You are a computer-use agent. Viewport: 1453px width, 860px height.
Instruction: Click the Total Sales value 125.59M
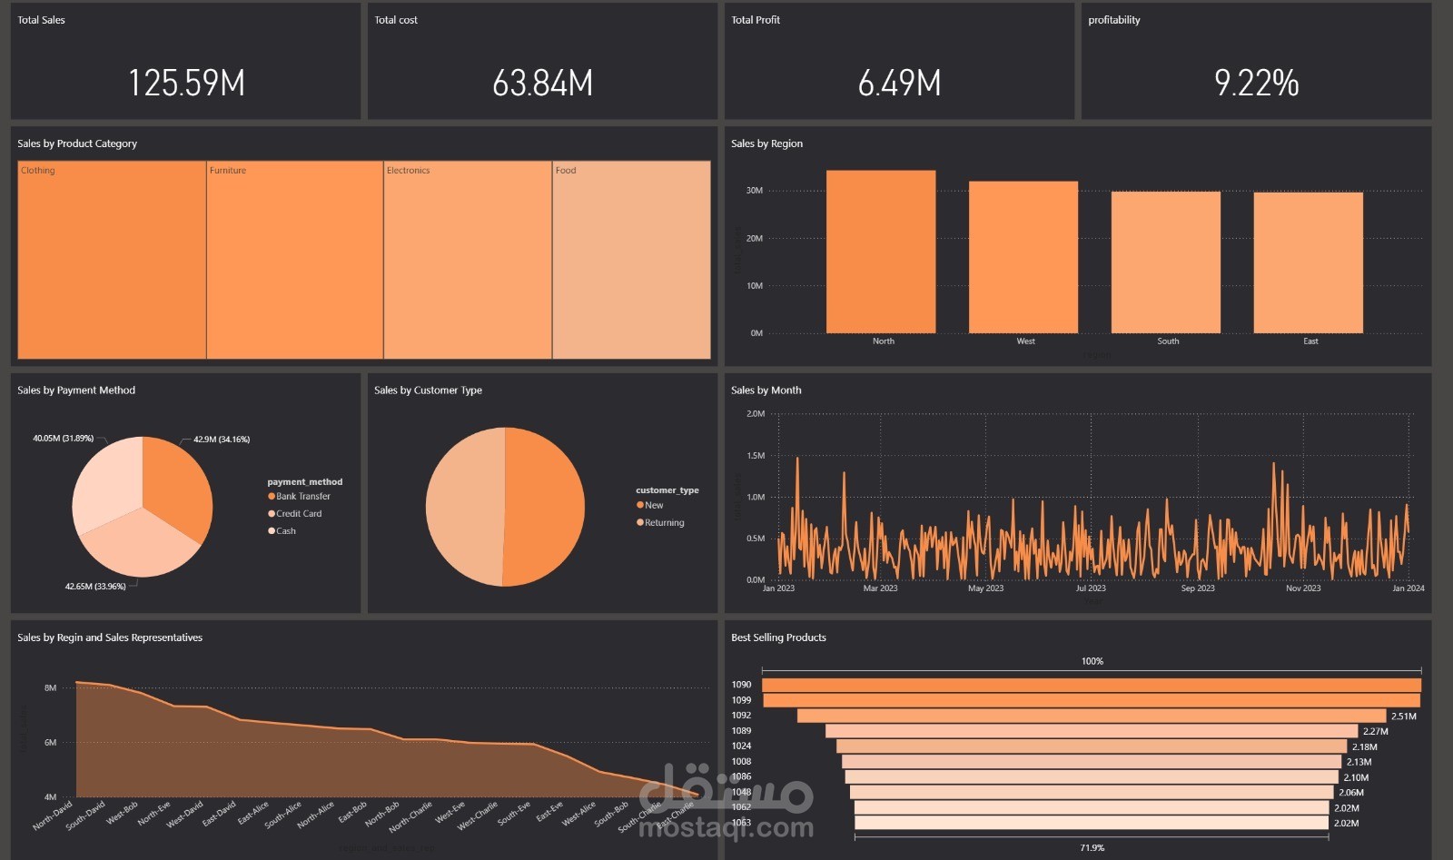tap(186, 84)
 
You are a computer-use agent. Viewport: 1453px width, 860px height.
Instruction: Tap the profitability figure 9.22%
tap(1256, 84)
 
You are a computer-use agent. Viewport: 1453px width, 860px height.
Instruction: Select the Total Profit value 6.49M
tap(899, 84)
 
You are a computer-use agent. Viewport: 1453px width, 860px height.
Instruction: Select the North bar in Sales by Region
tap(881, 252)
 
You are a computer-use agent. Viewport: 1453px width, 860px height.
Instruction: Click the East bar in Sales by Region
tap(1308, 262)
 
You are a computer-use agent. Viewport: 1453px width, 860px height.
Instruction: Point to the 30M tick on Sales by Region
tap(754, 191)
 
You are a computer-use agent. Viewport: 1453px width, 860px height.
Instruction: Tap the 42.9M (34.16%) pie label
tap(222, 440)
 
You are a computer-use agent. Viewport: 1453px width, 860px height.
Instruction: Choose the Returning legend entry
tap(664, 523)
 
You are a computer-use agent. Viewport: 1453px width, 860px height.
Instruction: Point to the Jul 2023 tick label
tap(1091, 588)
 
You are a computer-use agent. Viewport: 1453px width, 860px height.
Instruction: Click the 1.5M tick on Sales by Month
tap(756, 456)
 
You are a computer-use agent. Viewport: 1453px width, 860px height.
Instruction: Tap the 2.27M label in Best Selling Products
tap(1375, 731)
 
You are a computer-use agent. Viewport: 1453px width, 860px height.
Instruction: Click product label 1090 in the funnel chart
tap(741, 685)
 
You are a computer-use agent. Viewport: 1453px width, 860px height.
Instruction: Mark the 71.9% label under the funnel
tap(1092, 848)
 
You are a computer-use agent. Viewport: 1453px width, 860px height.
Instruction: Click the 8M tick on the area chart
tap(50, 688)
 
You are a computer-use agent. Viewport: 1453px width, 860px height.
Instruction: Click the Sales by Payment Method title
tap(76, 390)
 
